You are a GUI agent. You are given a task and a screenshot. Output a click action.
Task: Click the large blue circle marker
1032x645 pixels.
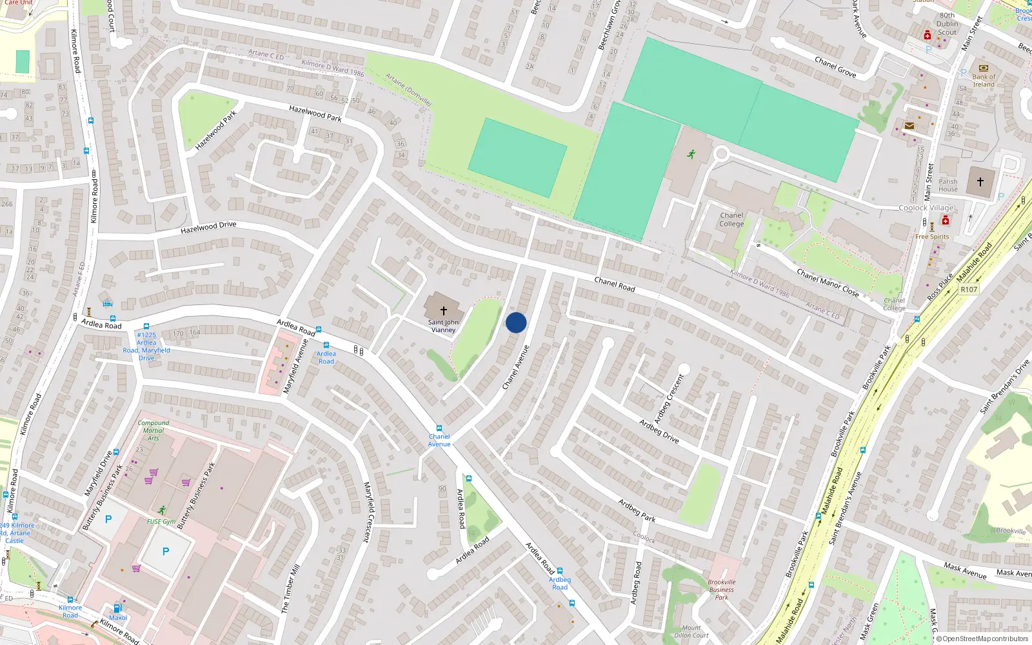click(516, 322)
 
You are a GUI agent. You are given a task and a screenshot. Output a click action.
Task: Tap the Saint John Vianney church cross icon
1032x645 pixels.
click(444, 311)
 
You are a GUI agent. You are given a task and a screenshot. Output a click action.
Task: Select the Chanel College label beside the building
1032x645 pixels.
click(731, 220)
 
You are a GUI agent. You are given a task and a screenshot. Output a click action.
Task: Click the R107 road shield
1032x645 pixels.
click(969, 290)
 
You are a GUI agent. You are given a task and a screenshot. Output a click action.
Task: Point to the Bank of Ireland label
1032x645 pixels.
click(984, 81)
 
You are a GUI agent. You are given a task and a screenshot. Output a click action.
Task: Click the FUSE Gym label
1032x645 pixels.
click(161, 522)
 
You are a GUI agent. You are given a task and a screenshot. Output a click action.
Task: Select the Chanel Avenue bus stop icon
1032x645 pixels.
click(439, 428)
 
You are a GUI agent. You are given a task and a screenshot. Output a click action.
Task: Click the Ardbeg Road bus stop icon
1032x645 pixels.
click(560, 571)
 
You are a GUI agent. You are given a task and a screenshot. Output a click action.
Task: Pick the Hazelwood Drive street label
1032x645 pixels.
click(208, 227)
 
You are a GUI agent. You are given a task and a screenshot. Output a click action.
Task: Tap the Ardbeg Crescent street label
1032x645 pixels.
click(669, 399)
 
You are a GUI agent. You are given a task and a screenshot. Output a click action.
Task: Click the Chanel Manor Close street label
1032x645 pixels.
click(828, 283)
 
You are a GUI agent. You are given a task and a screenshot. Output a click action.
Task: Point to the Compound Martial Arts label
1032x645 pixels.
click(154, 431)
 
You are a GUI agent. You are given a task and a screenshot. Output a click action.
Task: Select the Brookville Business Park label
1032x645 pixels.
click(721, 590)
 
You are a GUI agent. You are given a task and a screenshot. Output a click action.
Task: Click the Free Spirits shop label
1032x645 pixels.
click(932, 237)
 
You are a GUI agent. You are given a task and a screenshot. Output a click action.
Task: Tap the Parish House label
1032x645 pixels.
click(948, 185)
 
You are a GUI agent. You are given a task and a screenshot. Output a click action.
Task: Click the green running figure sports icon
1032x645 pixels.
click(691, 154)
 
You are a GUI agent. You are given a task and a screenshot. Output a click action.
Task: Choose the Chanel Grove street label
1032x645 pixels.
click(835, 67)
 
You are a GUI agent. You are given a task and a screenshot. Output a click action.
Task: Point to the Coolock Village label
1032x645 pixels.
click(926, 208)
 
